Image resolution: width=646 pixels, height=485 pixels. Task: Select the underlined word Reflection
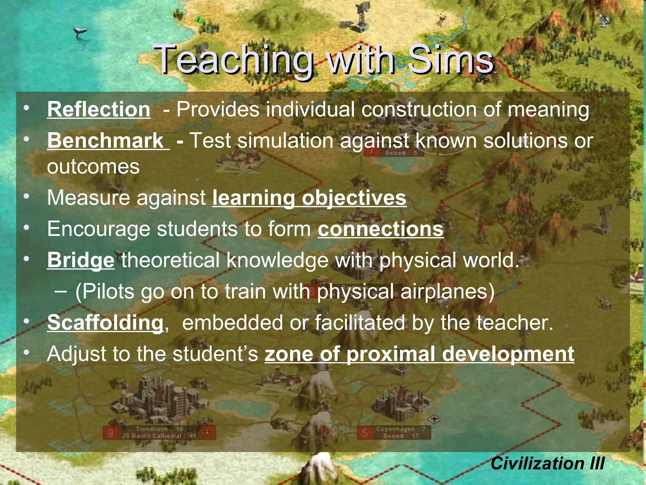(99, 110)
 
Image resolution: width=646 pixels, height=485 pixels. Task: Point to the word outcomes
(93, 166)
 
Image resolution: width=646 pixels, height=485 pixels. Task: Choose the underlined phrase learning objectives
(309, 198)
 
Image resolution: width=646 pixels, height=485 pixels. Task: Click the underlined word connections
(380, 229)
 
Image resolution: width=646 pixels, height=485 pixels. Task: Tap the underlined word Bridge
(81, 260)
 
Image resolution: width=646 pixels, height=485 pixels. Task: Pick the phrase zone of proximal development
(419, 354)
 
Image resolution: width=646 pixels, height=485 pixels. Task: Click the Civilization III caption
(547, 464)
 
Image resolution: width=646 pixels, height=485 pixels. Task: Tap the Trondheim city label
(159, 429)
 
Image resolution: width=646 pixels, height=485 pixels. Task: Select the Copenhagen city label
(401, 429)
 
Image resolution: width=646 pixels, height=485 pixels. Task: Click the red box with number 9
(110, 433)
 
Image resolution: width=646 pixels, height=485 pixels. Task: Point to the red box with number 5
(365, 433)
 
